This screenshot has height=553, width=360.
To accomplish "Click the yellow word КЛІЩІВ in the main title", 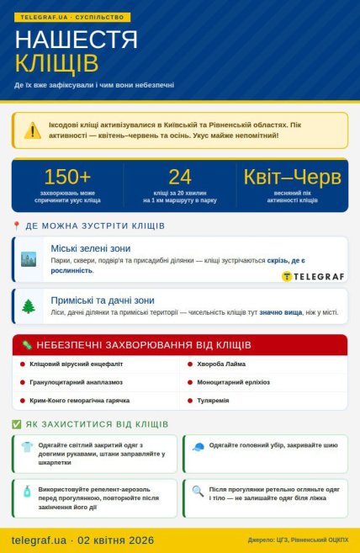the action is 56,63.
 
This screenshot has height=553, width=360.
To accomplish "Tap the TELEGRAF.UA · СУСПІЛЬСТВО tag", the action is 71,17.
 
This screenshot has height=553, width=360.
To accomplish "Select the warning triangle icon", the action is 32,130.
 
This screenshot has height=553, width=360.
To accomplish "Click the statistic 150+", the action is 67,177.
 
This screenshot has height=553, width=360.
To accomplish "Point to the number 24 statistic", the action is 180,177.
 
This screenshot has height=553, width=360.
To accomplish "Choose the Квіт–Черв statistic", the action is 292,177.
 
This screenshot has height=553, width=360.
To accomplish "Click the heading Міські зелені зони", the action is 91,249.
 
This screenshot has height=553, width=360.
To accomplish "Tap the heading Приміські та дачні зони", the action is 103,300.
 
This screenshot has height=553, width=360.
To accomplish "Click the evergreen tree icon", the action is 29,306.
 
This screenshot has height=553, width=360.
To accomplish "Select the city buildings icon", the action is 29,259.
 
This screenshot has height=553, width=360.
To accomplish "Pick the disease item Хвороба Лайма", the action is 223,364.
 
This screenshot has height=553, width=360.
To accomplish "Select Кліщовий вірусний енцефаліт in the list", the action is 76,364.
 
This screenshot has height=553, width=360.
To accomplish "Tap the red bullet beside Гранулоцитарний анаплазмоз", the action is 23,382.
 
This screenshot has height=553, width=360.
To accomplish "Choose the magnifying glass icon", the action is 198,491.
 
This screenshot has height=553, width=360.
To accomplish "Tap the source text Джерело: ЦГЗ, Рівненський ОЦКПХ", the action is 298,540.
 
